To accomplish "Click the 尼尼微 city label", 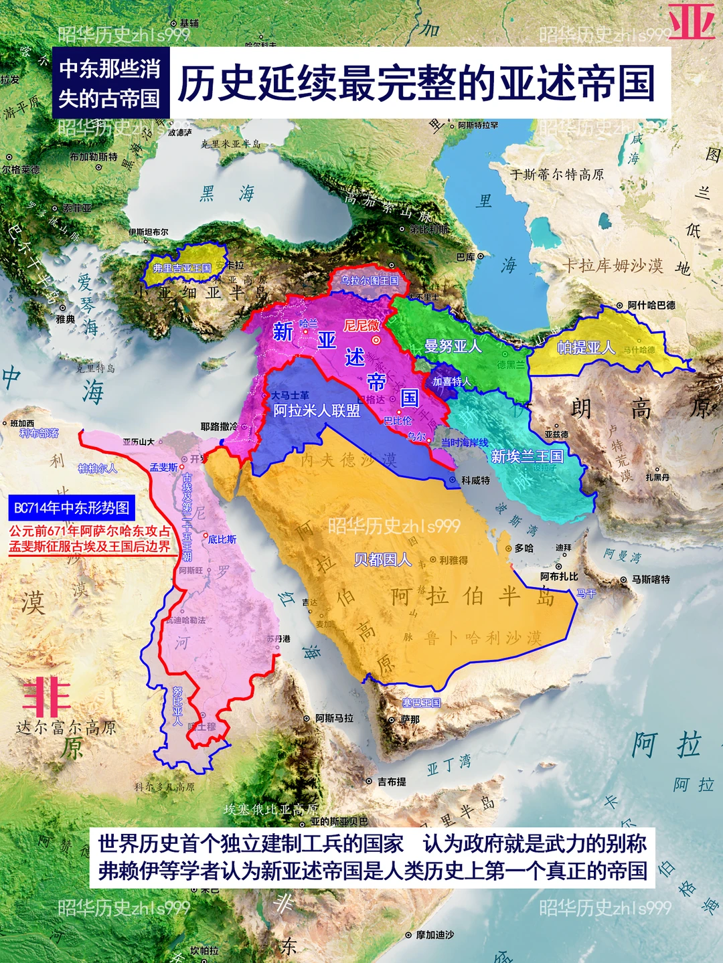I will point(361,326).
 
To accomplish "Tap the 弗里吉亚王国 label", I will point(182,268).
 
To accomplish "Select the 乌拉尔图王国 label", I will point(370,280).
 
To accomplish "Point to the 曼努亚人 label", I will point(453,346).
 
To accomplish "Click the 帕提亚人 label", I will point(586,347).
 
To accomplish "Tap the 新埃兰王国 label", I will point(527,456).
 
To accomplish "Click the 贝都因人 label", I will point(382,559).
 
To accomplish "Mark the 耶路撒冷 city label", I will point(220,426).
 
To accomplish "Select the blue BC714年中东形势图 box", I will point(72,508).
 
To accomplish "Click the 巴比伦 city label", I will point(398,421).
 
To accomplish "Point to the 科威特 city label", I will point(475,480).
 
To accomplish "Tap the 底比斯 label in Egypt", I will point(222,539).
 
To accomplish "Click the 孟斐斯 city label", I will point(163,467).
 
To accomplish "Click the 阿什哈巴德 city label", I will point(651,305).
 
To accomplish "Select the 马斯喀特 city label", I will point(650,580).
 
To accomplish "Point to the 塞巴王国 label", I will point(421,703).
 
